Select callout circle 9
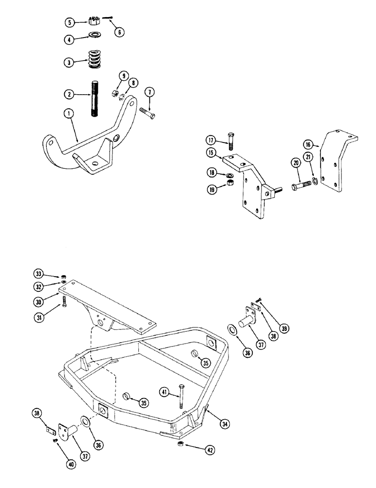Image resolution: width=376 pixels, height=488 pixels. (123, 76)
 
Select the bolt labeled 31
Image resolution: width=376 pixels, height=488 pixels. (63, 300)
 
